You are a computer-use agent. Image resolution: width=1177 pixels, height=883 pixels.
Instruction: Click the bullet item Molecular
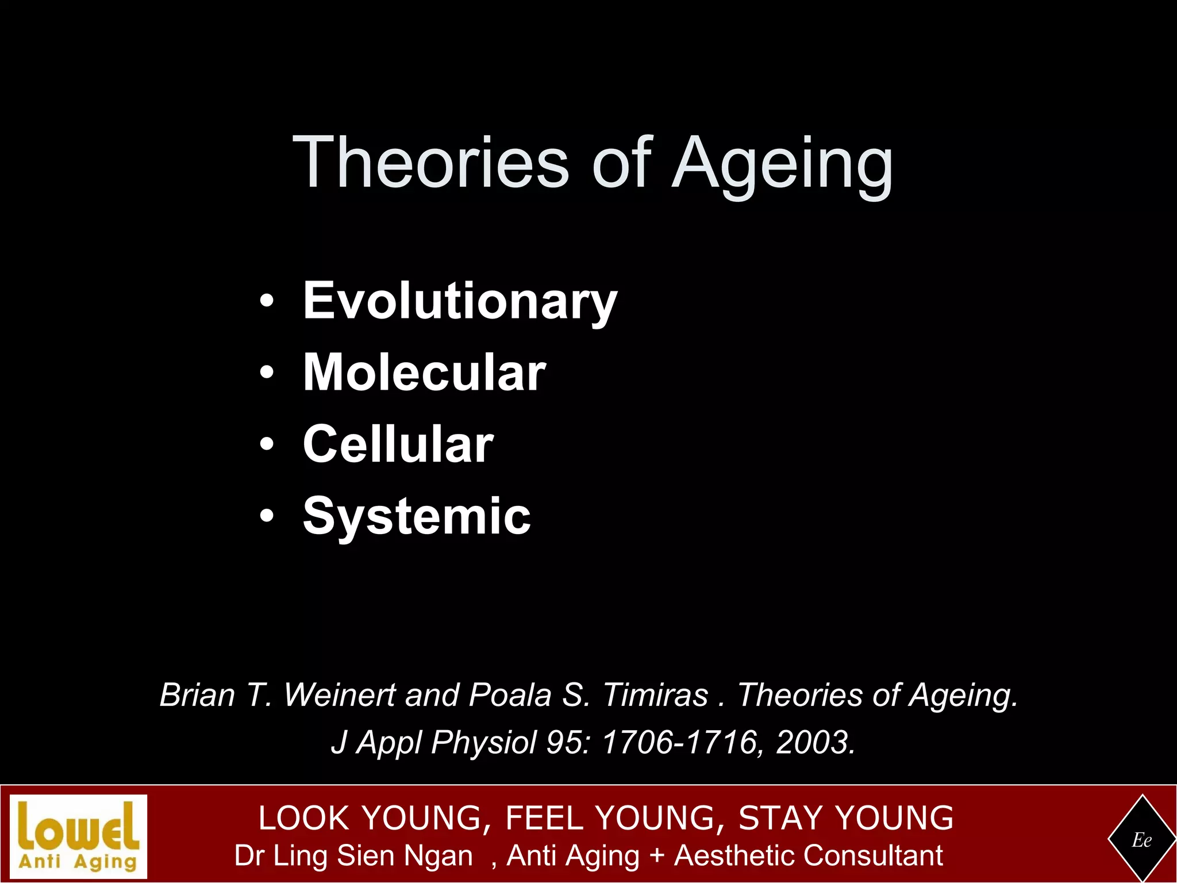click(424, 373)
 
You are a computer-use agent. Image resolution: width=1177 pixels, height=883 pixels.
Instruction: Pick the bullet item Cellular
click(398, 444)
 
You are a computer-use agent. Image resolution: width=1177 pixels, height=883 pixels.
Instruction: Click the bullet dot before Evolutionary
click(266, 301)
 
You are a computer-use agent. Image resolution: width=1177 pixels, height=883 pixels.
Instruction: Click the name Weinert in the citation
click(340, 695)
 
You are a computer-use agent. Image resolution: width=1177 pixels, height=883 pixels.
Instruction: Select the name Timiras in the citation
click(655, 695)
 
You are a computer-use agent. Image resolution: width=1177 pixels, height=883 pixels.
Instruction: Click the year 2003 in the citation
click(811, 742)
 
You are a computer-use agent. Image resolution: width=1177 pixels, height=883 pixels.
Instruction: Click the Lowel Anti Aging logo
click(79, 836)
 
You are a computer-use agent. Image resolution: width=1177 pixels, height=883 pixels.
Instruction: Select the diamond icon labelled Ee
click(1142, 840)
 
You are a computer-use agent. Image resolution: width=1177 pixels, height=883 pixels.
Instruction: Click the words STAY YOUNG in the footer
click(845, 818)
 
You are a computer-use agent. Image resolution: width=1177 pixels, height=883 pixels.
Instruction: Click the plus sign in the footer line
click(656, 855)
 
